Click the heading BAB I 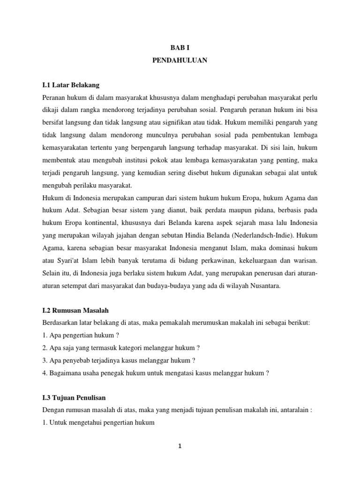pyautogui.click(x=180, y=48)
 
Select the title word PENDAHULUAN pyautogui.click(x=180, y=60)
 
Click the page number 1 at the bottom pyautogui.click(x=180, y=446)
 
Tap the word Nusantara pyautogui.click(x=264, y=285)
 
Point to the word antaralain pyautogui.click(x=293, y=409)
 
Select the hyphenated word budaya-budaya pyautogui.click(x=179, y=285)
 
